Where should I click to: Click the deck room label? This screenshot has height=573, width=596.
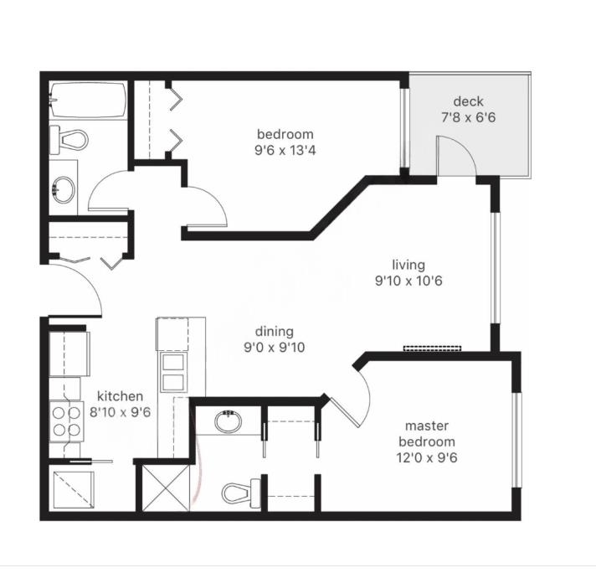click(x=469, y=101)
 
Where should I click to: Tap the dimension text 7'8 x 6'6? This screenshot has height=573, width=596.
click(x=469, y=118)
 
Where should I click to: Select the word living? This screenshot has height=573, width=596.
click(x=408, y=266)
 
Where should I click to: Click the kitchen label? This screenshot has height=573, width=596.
click(x=121, y=395)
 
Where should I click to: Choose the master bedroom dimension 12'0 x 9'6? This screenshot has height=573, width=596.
click(x=427, y=457)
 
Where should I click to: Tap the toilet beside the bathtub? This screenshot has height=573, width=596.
click(x=69, y=138)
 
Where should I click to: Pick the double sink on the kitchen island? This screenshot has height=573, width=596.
click(x=173, y=372)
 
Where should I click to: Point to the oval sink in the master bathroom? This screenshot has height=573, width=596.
click(x=228, y=421)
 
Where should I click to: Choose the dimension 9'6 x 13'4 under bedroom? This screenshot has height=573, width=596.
click(x=285, y=151)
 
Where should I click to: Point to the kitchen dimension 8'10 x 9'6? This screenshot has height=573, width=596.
click(x=121, y=411)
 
